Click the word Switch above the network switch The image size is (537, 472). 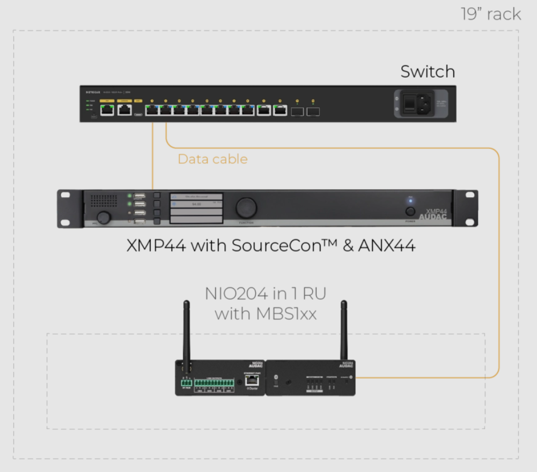428,72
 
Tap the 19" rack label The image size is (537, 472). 491,14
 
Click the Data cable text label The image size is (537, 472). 213,159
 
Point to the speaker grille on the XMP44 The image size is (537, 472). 104,201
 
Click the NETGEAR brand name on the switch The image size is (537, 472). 93,92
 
